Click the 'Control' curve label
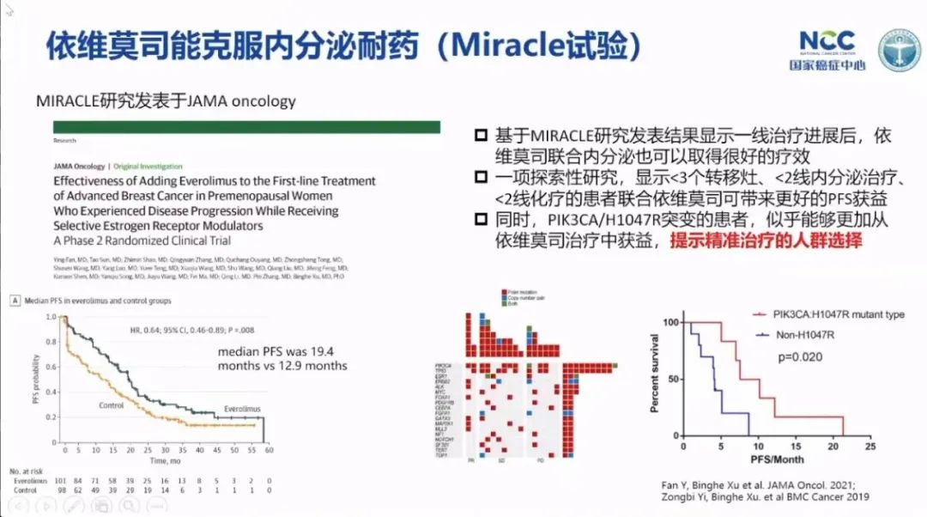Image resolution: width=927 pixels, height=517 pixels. click(x=111, y=405)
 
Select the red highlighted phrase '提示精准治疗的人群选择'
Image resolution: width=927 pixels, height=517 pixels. click(x=765, y=241)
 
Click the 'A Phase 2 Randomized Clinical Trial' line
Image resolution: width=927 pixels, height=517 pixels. click(x=142, y=240)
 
